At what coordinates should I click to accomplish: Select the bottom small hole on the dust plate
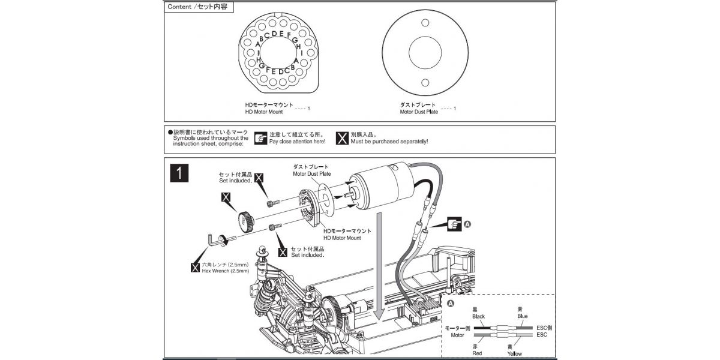[425, 83]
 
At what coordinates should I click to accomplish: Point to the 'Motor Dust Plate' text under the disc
[419, 112]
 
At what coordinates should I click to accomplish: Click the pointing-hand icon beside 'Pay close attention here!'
[260, 138]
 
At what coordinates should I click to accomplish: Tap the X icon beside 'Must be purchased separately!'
[342, 138]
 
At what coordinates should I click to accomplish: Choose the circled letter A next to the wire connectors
[469, 224]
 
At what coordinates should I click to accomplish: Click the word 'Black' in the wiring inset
[478, 316]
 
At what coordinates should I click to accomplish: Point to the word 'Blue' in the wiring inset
[522, 316]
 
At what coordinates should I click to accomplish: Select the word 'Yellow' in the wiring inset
[514, 354]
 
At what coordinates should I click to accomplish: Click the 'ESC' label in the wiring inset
[542, 335]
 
